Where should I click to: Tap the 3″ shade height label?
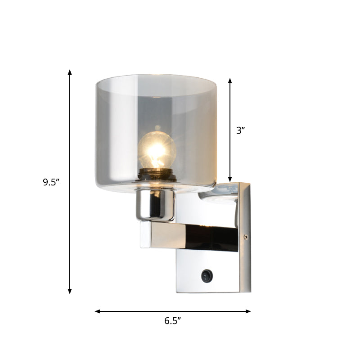241,130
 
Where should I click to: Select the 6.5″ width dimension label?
172,321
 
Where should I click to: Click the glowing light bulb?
156,148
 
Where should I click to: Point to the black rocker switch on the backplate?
207,276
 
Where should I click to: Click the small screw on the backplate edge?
245,237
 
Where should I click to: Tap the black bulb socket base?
157,174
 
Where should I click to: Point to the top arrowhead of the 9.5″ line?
70,72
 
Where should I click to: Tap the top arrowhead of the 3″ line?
230,81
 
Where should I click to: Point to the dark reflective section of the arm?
211,238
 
